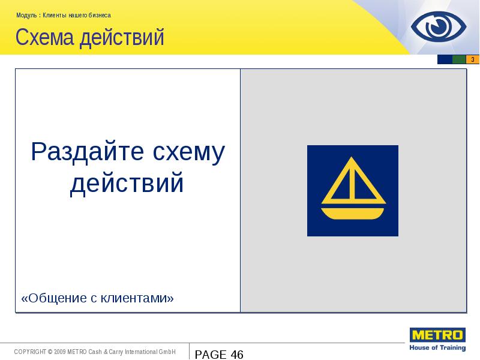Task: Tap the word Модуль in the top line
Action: pos(27,15)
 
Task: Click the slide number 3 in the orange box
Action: pos(473,59)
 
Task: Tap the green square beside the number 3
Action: pos(459,59)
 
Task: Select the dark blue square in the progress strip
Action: pos(445,59)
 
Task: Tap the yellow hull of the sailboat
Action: pos(353,213)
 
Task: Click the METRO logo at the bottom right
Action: pos(437,335)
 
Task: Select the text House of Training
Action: pos(437,347)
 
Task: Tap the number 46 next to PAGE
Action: pos(236,355)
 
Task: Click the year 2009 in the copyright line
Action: pos(59,352)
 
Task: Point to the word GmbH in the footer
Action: pos(167,352)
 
